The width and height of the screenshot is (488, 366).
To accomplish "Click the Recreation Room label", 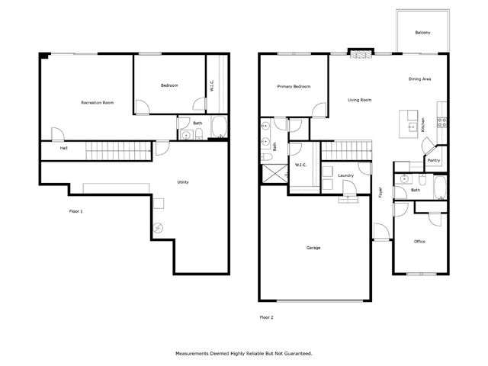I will (98, 102).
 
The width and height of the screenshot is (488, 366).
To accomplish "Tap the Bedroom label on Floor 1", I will (169, 85).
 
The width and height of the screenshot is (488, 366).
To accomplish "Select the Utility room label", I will (183, 182).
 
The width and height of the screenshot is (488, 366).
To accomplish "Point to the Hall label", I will (53, 149).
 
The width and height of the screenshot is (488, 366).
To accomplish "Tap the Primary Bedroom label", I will (294, 87).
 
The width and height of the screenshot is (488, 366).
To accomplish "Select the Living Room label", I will (360, 100).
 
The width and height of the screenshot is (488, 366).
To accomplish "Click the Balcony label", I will (422, 33).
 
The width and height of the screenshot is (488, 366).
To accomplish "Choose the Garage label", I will (313, 248).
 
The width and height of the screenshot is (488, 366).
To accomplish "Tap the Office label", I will (419, 242).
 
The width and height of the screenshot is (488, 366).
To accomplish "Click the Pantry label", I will (434, 161).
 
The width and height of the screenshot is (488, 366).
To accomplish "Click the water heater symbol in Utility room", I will (159, 226).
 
